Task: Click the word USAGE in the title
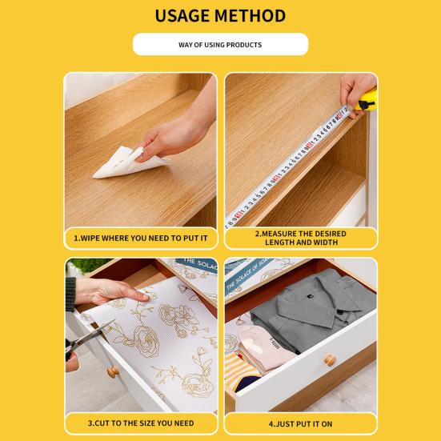tap(182, 16)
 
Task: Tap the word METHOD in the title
tap(251, 16)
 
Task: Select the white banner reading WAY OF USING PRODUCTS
tap(221, 45)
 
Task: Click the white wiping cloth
tap(130, 162)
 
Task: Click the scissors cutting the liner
tap(87, 339)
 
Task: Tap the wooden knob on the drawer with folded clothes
tap(330, 359)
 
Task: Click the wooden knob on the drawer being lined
tap(113, 372)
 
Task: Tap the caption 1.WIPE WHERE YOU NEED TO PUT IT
tap(141, 239)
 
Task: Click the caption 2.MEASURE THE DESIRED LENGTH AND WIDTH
tap(301, 238)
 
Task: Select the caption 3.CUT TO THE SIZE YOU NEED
tap(141, 423)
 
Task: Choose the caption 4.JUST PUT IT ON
tap(300, 424)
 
